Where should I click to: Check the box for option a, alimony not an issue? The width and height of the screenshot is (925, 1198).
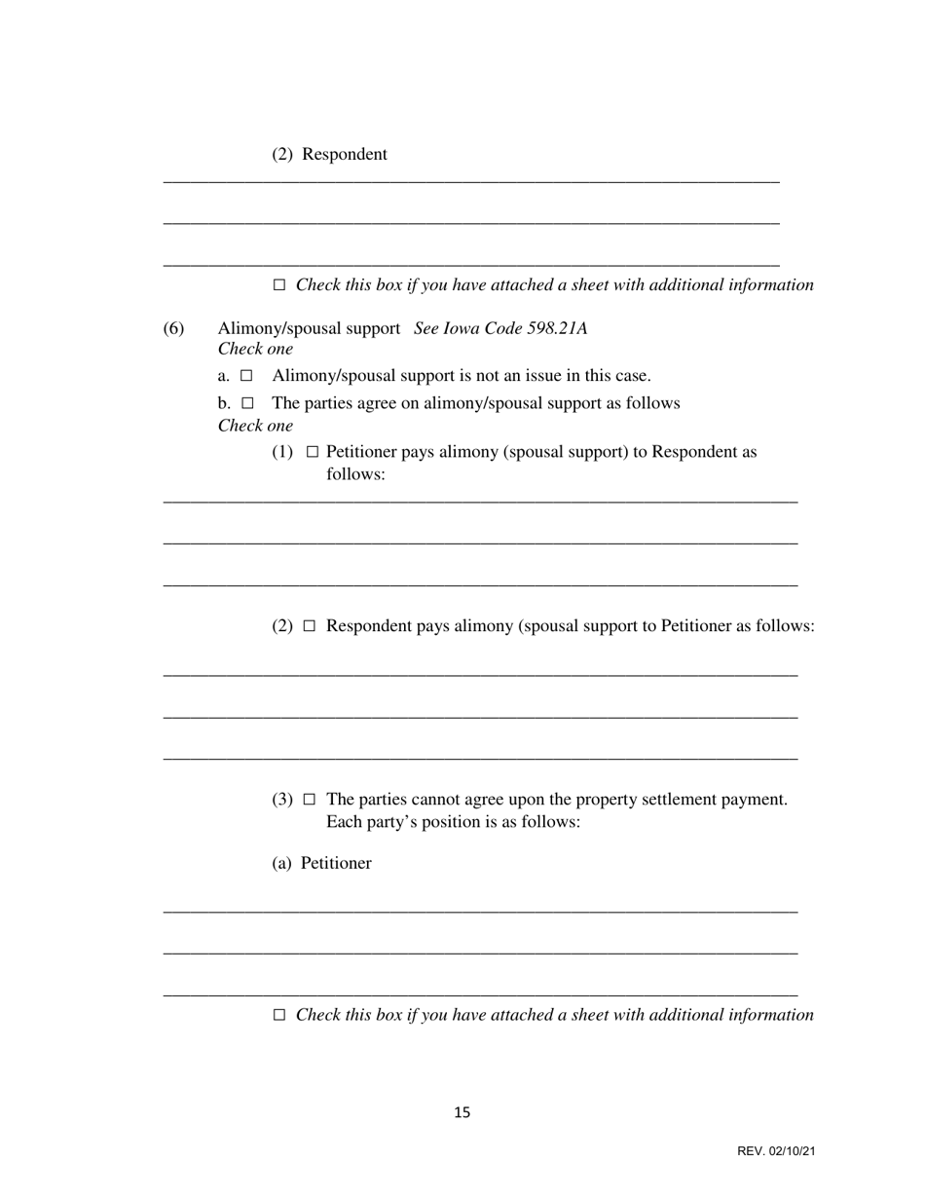pos(247,376)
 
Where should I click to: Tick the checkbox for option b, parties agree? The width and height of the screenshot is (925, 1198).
pos(247,403)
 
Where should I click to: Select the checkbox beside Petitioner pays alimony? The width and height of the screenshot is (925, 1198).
pos(313,452)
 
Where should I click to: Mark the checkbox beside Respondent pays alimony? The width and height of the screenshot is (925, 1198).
pos(310,626)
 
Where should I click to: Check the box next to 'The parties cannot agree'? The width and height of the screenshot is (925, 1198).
pos(310,800)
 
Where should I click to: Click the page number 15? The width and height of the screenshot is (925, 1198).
pos(462,1112)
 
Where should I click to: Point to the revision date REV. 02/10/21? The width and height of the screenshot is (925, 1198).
pos(776,1151)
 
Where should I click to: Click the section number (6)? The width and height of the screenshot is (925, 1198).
pos(173,328)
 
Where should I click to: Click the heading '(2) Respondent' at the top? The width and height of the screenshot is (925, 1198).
pos(329,154)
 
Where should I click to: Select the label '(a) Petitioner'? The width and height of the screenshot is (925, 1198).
pos(321,863)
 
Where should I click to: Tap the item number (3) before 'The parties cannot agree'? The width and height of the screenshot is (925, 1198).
pos(281,800)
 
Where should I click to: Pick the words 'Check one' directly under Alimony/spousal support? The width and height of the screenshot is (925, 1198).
pos(255,349)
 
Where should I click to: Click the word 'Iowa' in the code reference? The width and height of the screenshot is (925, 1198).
pos(463,328)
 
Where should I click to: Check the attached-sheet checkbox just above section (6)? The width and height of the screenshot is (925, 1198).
pos(279,285)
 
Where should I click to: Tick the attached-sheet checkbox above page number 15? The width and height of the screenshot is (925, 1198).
pos(279,1015)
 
